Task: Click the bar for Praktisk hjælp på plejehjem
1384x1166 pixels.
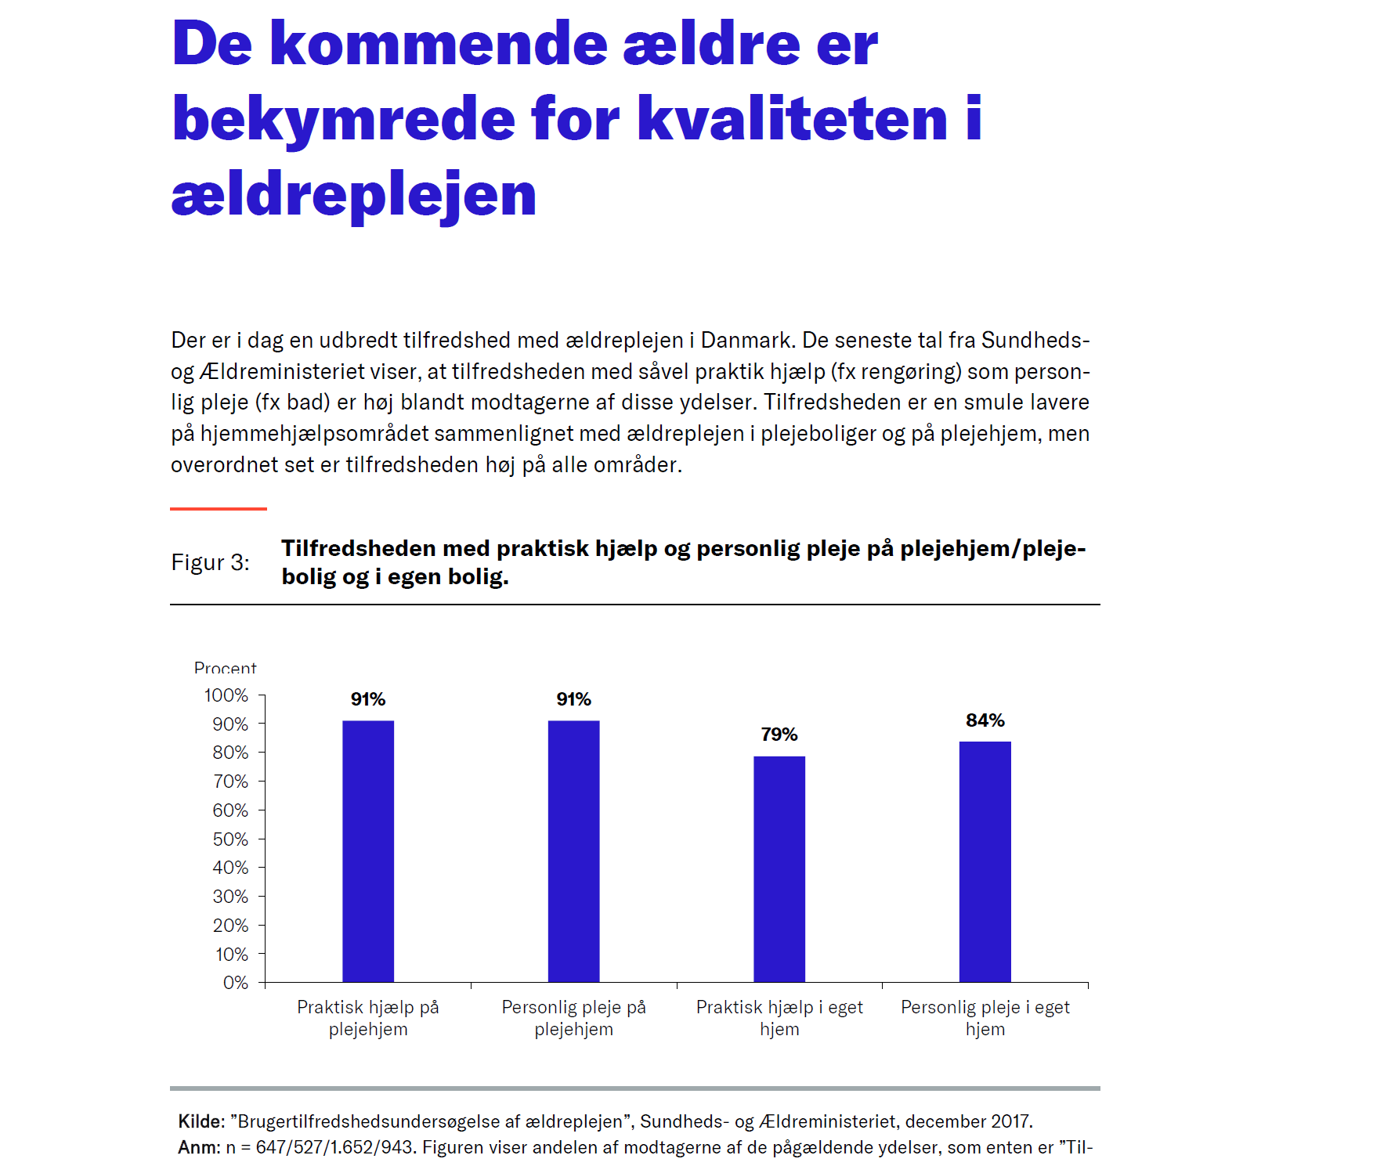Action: point(368,850)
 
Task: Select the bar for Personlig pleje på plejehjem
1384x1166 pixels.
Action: point(573,850)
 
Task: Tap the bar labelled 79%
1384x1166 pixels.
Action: point(779,868)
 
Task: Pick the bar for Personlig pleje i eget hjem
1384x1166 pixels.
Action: point(985,861)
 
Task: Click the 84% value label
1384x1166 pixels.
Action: point(985,720)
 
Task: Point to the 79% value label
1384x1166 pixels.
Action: point(779,735)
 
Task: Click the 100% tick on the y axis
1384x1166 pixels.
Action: point(226,695)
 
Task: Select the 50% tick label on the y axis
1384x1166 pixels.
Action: point(230,839)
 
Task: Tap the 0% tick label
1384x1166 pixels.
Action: point(235,983)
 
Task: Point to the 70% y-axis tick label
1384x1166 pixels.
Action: point(230,782)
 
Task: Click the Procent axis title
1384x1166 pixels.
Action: point(225,668)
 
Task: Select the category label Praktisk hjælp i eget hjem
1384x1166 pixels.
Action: point(779,1018)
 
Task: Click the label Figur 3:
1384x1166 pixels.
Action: point(210,562)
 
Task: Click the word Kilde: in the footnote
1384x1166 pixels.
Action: point(201,1121)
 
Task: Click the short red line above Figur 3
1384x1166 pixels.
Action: point(219,509)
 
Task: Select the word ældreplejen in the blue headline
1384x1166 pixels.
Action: point(353,195)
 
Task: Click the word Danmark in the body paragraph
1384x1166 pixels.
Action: point(747,340)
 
